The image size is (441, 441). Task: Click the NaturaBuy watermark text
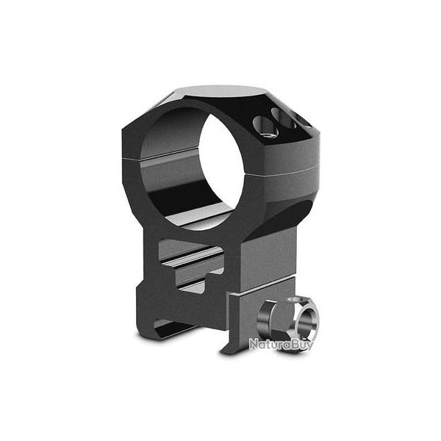tap(280, 343)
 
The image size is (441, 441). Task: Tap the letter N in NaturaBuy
tap(253, 343)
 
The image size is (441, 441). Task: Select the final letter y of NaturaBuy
tap(308, 345)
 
